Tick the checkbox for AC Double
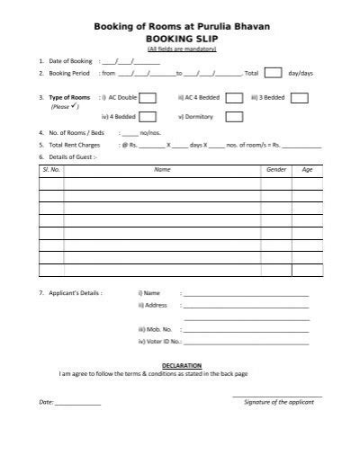pyautogui.click(x=148, y=98)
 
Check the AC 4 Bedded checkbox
pyautogui.click(x=233, y=98)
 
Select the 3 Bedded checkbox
pyautogui.click(x=301, y=98)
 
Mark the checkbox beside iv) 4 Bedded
pyautogui.click(x=148, y=117)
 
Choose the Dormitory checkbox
pyautogui.click(x=233, y=117)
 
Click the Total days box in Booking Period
pyautogui.click(x=274, y=74)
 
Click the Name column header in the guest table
pyautogui.click(x=162, y=169)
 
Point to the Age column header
pyautogui.click(x=307, y=169)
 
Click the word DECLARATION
pyautogui.click(x=180, y=365)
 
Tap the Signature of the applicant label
pyautogui.click(x=279, y=402)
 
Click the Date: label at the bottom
pyautogui.click(x=46, y=402)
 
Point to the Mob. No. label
pyautogui.click(x=155, y=330)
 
